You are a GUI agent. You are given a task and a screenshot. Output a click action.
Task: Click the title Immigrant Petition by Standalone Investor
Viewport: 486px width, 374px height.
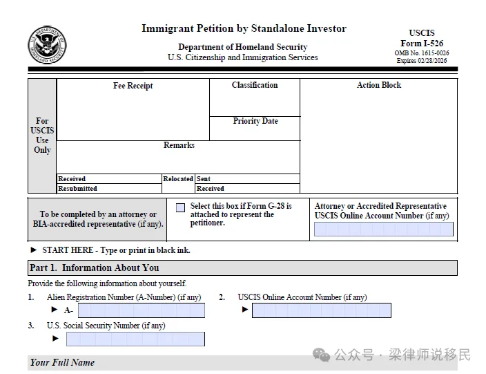[244, 29]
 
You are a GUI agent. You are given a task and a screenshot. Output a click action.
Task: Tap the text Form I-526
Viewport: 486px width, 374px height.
[422, 44]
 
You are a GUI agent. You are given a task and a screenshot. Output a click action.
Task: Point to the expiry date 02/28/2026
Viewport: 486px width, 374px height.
[434, 61]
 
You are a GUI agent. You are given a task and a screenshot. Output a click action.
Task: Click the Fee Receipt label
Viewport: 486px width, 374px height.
[133, 86]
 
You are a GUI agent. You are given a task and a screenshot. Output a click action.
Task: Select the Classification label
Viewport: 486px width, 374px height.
[255, 85]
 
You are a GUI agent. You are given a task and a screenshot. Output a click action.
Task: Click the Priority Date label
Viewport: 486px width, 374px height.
[255, 121]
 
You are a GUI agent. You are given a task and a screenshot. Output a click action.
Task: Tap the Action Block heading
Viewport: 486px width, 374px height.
[378, 85]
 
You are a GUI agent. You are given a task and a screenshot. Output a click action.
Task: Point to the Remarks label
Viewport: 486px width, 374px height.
[179, 145]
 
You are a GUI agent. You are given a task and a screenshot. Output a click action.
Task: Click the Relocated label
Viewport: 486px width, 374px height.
[178, 179]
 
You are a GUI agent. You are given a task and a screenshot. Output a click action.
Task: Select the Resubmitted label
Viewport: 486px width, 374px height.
[78, 188]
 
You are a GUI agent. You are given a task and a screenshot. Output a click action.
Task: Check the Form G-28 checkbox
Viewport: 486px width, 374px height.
[181, 207]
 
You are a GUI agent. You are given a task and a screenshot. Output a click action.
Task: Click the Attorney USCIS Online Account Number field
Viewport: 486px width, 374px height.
[384, 230]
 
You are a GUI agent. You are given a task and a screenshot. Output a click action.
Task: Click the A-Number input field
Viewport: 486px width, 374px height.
[141, 311]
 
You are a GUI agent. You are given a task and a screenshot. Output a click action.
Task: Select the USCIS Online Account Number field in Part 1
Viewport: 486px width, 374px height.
[321, 310]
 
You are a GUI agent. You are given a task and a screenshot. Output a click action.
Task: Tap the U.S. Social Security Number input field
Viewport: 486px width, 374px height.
[135, 339]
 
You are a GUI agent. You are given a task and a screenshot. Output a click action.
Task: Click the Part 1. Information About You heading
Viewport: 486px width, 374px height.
[95, 268]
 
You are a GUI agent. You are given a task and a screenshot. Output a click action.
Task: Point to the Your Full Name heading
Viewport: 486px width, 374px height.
[62, 362]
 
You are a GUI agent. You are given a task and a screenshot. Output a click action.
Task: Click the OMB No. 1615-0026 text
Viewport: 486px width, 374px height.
[422, 53]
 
